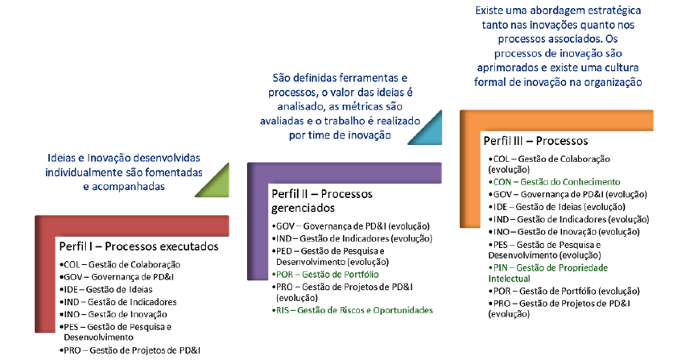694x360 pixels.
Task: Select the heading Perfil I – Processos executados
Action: [139, 246]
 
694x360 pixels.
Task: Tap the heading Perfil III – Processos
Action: [535, 141]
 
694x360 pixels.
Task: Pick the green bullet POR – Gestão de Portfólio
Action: [325, 275]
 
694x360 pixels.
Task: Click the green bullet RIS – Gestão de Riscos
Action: [353, 310]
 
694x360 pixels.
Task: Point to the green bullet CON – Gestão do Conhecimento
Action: [554, 182]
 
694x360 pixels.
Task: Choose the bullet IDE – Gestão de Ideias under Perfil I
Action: [105, 290]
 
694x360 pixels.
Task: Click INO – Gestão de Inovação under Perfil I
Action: [114, 314]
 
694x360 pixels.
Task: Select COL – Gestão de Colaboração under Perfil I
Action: [120, 265]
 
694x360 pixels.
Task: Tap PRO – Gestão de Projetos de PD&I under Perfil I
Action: [130, 350]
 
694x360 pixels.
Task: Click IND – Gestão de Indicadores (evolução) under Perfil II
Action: [352, 238]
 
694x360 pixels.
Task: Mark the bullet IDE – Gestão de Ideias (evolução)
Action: [557, 207]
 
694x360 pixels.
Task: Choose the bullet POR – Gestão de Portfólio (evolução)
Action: [564, 291]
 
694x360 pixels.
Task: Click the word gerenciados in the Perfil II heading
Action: [303, 208]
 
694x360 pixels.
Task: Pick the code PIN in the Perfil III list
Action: [501, 268]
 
